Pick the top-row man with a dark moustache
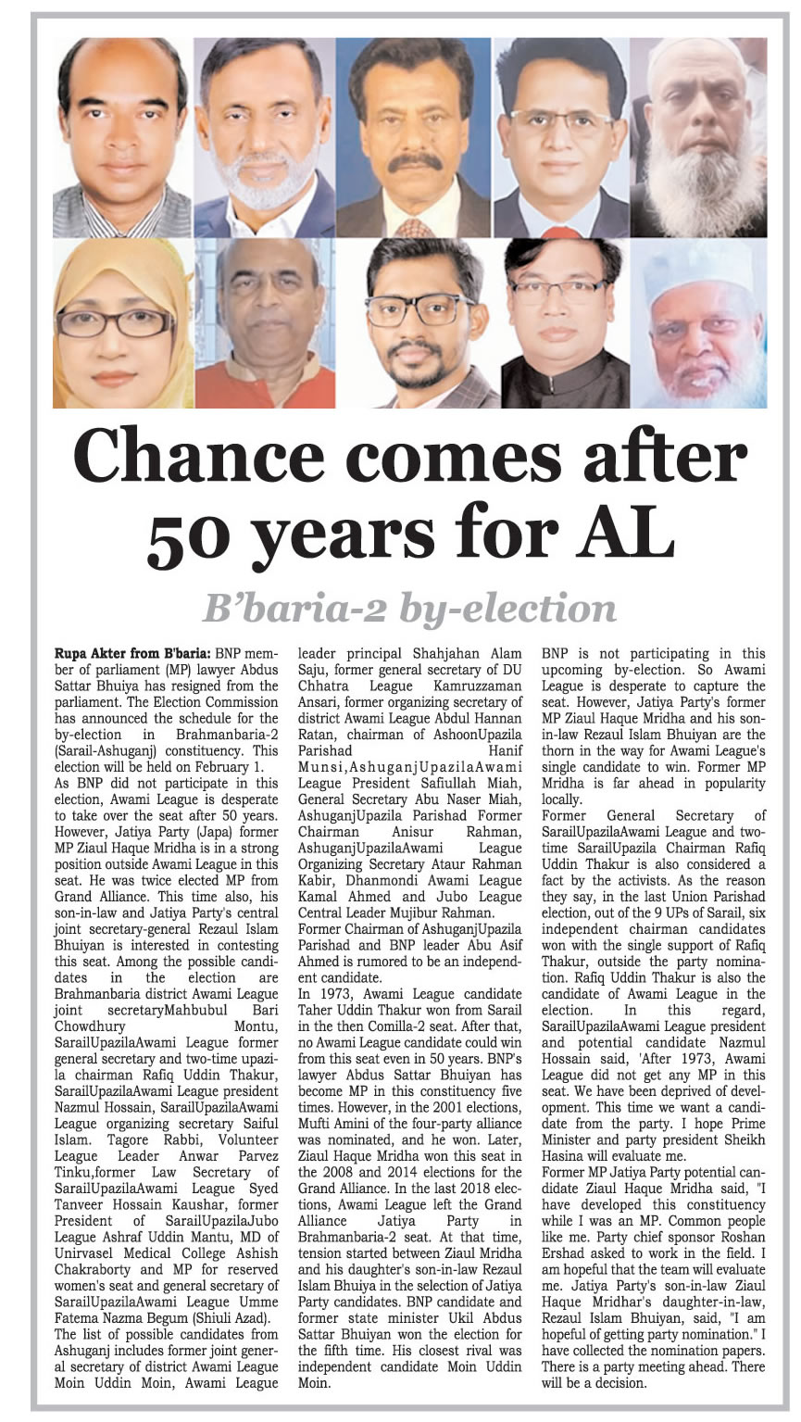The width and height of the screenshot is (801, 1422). point(413,139)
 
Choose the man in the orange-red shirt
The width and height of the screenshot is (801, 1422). point(265,324)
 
